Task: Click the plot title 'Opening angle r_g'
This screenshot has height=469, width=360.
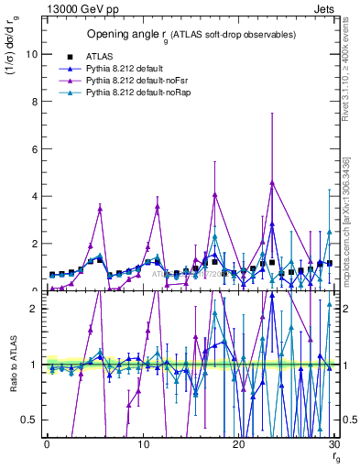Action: coord(191,35)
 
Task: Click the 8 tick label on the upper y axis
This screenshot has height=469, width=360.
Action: coord(34,101)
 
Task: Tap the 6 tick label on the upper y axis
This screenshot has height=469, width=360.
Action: coord(34,148)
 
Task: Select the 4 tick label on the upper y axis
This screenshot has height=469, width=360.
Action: coord(34,196)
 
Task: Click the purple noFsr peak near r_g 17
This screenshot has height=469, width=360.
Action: coord(214,194)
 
